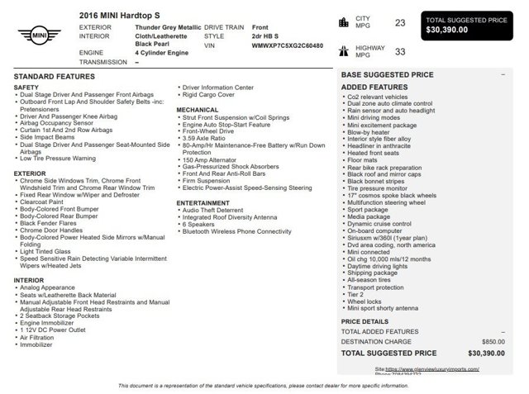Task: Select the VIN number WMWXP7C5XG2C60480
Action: [x=287, y=46]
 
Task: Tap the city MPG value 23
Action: [x=400, y=22]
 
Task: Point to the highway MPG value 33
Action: [x=400, y=51]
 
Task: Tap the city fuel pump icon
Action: [x=343, y=22]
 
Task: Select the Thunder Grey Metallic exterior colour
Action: [x=168, y=27]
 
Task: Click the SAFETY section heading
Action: [x=26, y=87]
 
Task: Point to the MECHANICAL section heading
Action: [x=197, y=109]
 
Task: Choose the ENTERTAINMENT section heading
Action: [x=203, y=202]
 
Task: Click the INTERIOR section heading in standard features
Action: [x=29, y=280]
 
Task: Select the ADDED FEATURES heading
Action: [x=374, y=87]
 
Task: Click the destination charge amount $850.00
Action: [x=493, y=341]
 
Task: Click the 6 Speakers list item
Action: [x=198, y=224]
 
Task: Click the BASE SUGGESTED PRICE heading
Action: [x=387, y=74]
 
